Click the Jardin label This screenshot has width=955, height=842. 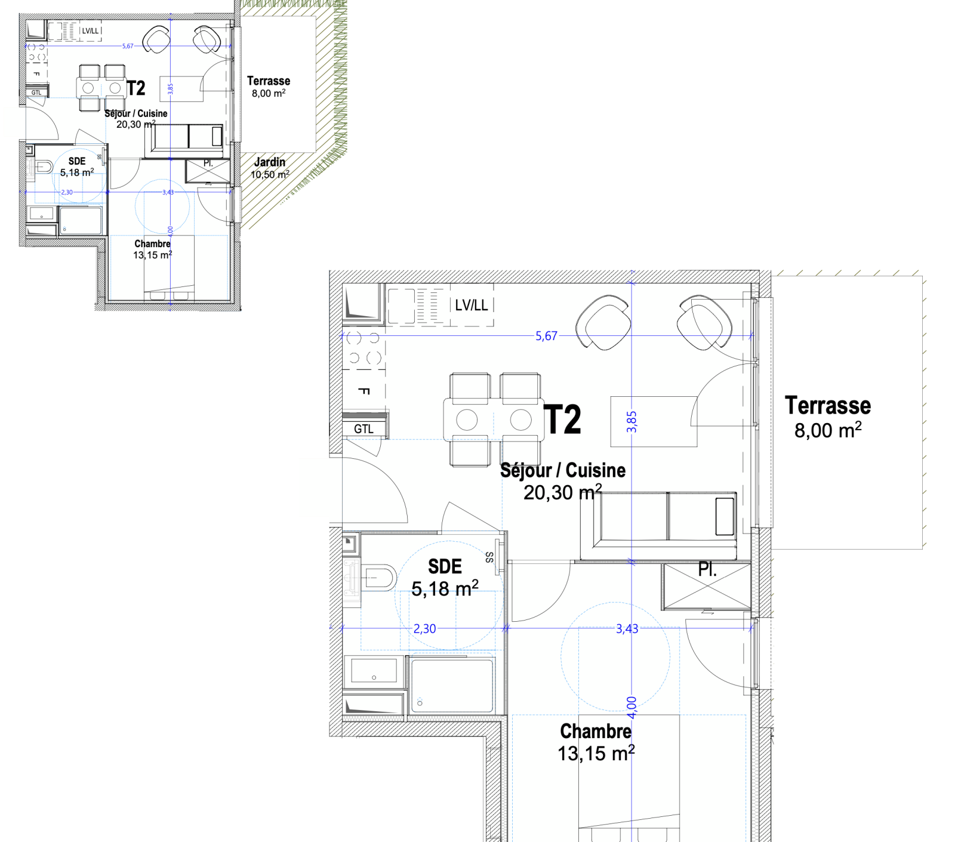(270, 162)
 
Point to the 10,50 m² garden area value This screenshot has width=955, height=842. (270, 174)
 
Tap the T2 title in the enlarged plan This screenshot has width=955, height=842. (562, 420)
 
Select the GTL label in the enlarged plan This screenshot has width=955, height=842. (363, 429)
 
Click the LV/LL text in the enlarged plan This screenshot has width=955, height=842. (472, 306)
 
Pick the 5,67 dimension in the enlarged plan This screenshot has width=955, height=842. (546, 336)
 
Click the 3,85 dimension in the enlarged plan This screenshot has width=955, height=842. (631, 422)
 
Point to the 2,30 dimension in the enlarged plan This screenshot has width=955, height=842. (424, 628)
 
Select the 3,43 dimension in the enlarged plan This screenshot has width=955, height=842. (627, 628)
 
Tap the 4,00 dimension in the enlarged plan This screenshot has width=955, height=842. (631, 708)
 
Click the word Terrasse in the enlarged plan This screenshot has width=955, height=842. (828, 406)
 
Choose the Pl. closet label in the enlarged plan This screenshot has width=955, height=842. (707, 570)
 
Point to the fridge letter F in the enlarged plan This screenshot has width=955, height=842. (363, 391)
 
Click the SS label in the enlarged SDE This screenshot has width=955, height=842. (489, 557)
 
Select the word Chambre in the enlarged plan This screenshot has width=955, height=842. (596, 731)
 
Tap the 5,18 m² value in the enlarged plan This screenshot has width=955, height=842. (445, 588)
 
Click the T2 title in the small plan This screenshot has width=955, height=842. (136, 88)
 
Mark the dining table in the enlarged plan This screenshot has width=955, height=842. (494, 420)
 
